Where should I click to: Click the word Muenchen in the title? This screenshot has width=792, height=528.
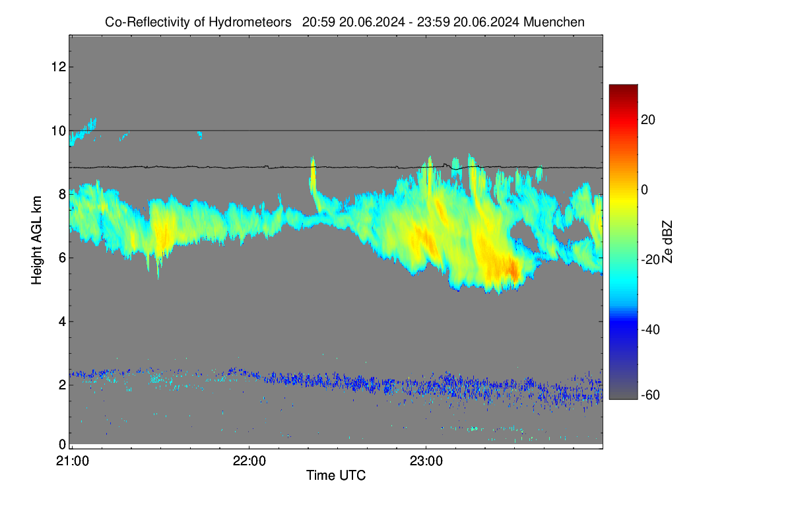coord(554,22)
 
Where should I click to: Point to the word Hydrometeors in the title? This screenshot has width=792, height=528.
coord(250,22)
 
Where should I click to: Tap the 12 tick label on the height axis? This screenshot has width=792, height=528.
coord(59,67)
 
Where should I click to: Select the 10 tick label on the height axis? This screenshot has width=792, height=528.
coord(59,131)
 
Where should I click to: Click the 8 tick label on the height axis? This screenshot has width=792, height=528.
coord(63,194)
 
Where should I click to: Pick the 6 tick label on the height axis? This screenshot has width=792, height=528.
coord(63,258)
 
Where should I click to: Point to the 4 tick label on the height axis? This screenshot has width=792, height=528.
coord(63,321)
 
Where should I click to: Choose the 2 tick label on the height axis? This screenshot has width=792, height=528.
coord(63,385)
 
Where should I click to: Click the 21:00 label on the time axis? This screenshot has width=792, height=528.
coord(73,461)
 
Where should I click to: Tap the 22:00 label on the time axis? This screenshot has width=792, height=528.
coord(249,461)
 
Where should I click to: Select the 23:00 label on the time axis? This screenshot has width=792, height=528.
coord(426,461)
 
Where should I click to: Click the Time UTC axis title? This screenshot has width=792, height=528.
coord(336,475)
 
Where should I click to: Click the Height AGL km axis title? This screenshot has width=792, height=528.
coord(36,240)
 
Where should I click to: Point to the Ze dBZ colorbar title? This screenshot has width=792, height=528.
coord(667,242)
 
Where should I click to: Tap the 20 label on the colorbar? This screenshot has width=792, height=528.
coord(647,120)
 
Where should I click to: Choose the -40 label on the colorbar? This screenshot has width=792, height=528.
coord(650,329)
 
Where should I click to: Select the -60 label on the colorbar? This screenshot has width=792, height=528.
coord(650,395)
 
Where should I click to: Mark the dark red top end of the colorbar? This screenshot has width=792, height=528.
coord(623,86)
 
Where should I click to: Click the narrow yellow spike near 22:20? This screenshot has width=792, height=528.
coord(313,177)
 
